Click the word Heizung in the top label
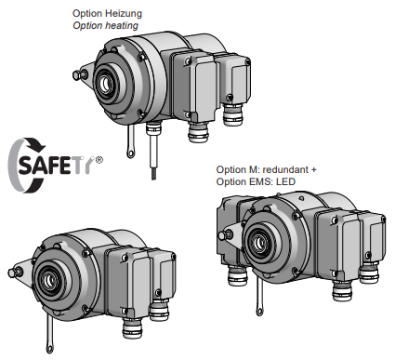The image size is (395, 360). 124,14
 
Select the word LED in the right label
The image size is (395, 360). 285,181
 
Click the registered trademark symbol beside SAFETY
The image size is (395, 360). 99,160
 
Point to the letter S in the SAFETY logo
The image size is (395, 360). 26,165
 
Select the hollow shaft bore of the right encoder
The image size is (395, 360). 258,243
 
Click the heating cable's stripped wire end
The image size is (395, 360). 153,174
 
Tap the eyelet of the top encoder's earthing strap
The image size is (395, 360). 131,153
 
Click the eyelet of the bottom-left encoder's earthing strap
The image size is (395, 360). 50,348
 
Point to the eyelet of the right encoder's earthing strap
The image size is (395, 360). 259,312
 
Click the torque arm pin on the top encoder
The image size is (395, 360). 77,75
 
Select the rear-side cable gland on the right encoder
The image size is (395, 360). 237,276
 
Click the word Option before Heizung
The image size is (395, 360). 87,14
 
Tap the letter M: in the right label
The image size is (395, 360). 255,169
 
